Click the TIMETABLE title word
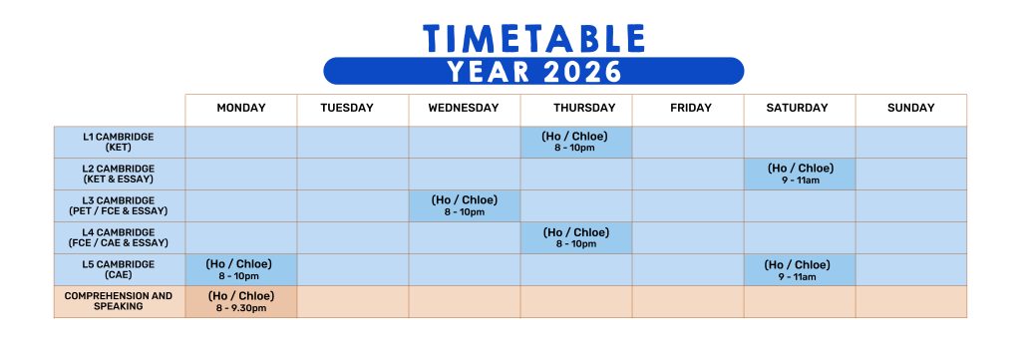click(534, 39)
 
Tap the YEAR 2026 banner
click(534, 71)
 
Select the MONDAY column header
click(241, 108)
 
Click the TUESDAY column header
click(347, 108)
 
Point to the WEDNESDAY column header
click(464, 108)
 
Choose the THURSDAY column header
click(584, 108)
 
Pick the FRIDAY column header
click(691, 108)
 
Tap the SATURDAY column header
click(797, 108)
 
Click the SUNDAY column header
click(911, 108)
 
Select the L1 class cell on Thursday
click(576, 142)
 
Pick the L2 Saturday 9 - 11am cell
click(800, 174)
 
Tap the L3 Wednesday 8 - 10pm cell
click(465, 205)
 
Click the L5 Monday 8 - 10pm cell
click(241, 269)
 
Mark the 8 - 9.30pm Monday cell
click(241, 301)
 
